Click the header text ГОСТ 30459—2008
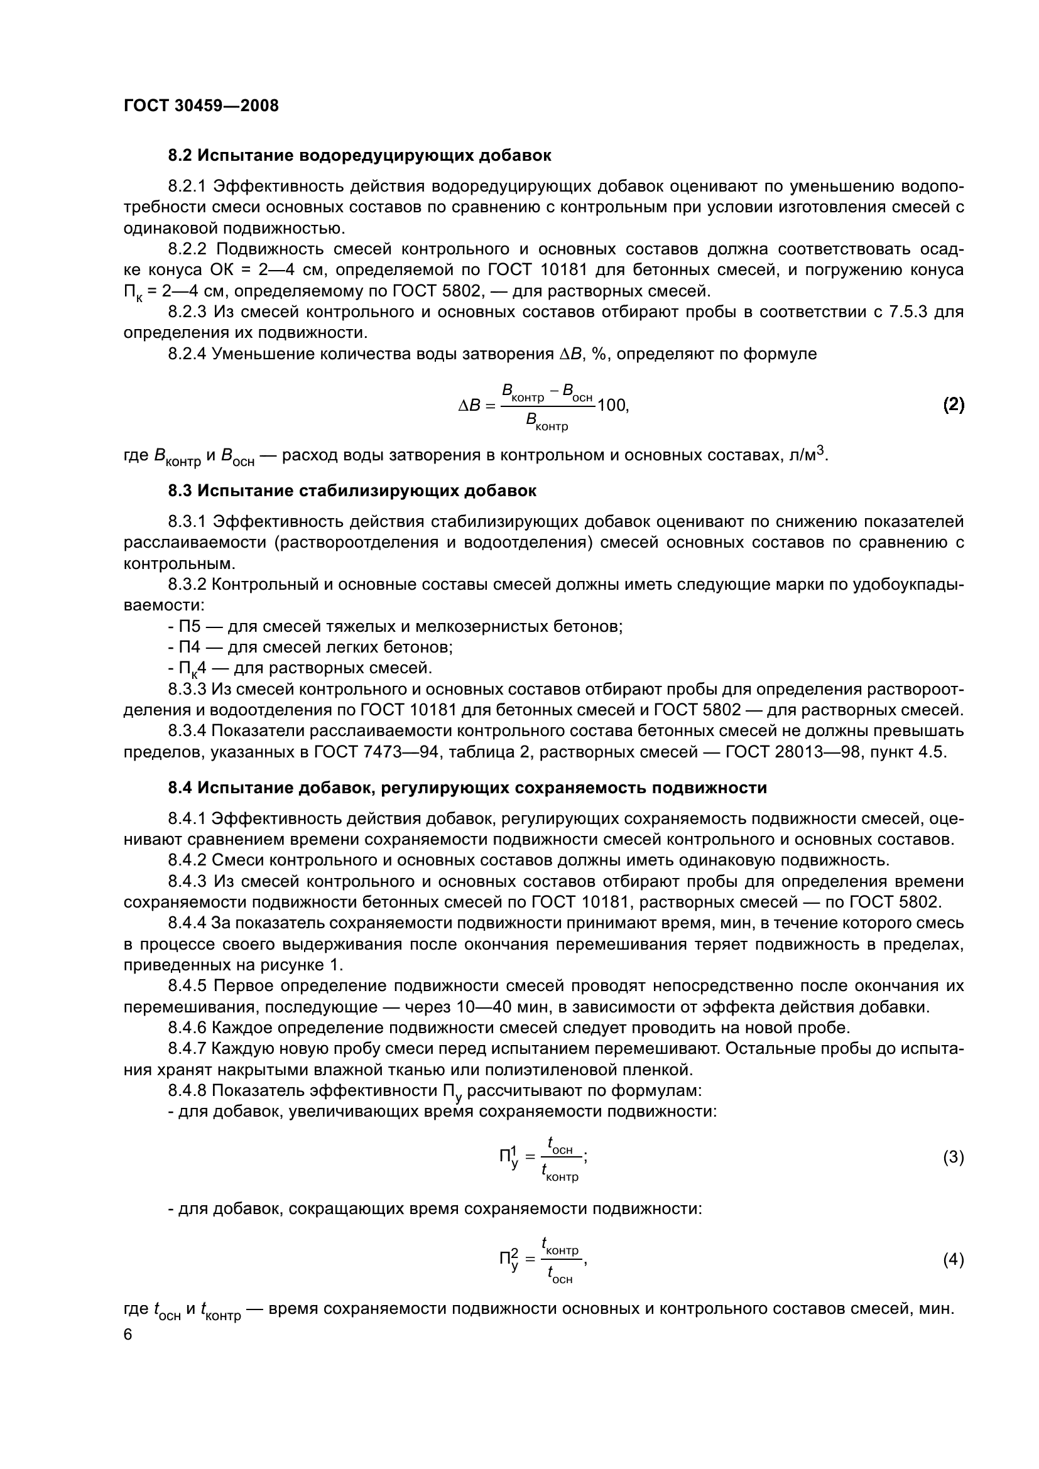coord(201,106)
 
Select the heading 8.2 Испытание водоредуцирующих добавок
coord(359,156)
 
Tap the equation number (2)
coord(954,404)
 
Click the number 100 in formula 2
coord(611,405)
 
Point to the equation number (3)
coord(954,1157)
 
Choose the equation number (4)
coord(954,1260)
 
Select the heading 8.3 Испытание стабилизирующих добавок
coord(352,491)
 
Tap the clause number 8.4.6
coord(187,1028)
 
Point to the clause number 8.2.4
coord(187,354)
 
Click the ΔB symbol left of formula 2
coord(469,406)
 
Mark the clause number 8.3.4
coord(187,731)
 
